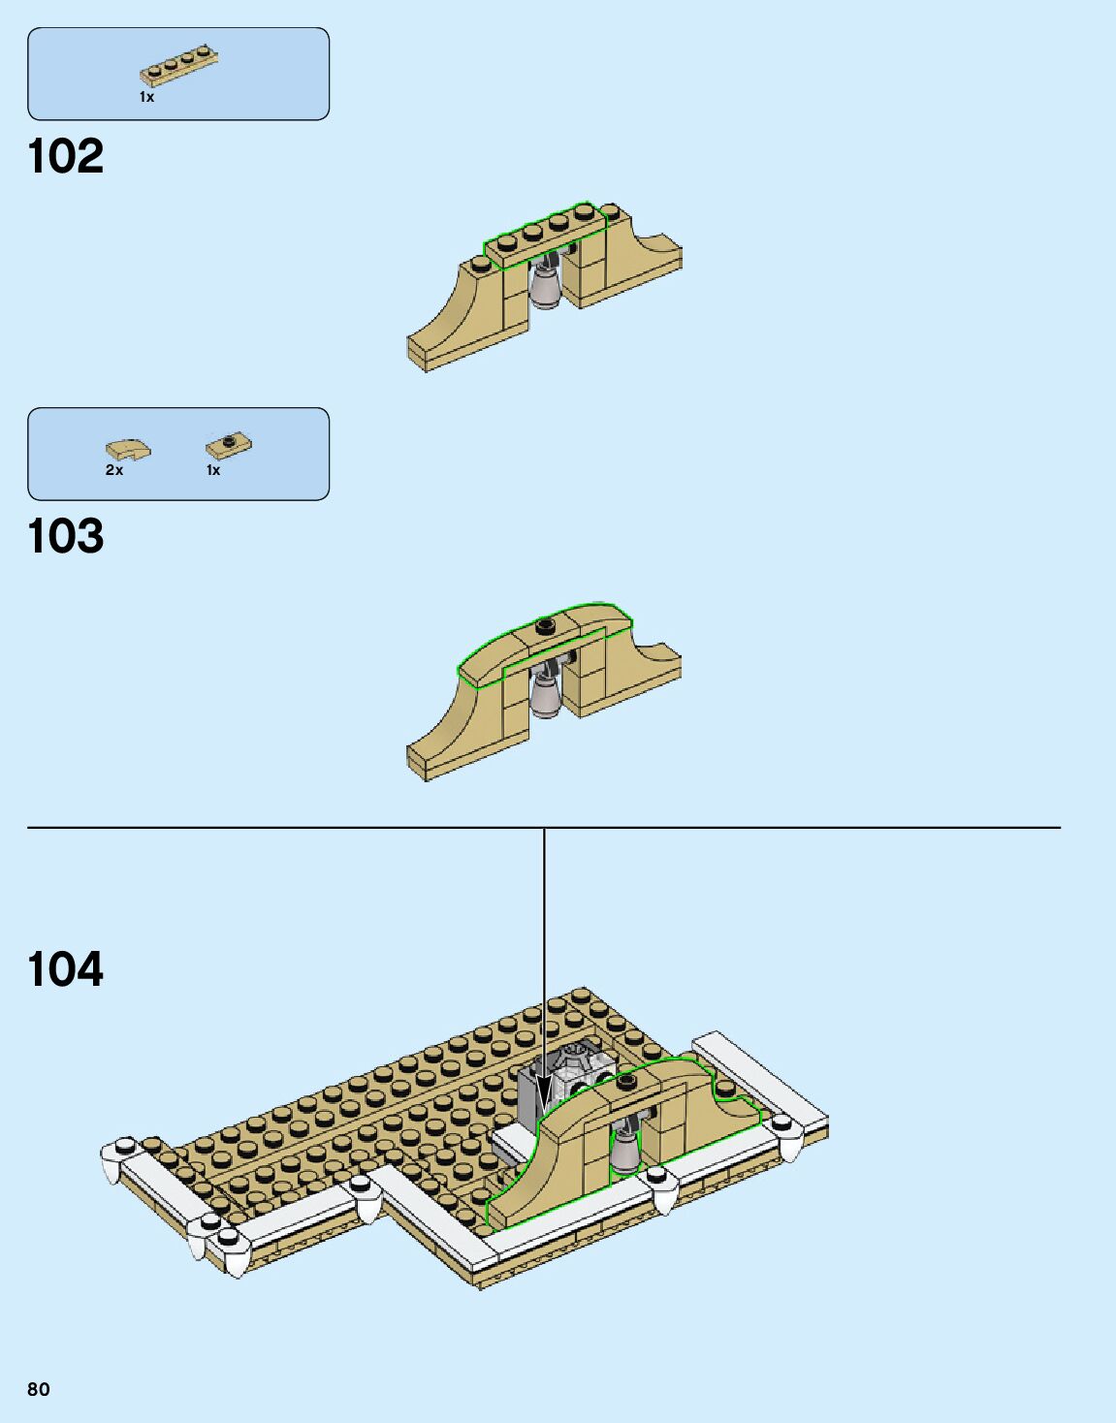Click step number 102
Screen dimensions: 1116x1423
[66, 156]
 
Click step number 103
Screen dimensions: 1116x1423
[66, 536]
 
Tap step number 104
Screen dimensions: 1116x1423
[66, 969]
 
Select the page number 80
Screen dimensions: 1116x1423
[39, 1389]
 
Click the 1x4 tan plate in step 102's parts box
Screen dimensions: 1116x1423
[179, 64]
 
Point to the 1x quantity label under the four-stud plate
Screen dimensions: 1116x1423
[147, 97]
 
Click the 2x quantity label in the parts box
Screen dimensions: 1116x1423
[114, 470]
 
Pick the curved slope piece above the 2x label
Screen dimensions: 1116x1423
[128, 450]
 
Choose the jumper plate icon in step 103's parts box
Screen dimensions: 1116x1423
[230, 445]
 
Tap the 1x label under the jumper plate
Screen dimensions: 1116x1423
[213, 470]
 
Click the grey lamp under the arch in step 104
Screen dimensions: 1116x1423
[625, 1150]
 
